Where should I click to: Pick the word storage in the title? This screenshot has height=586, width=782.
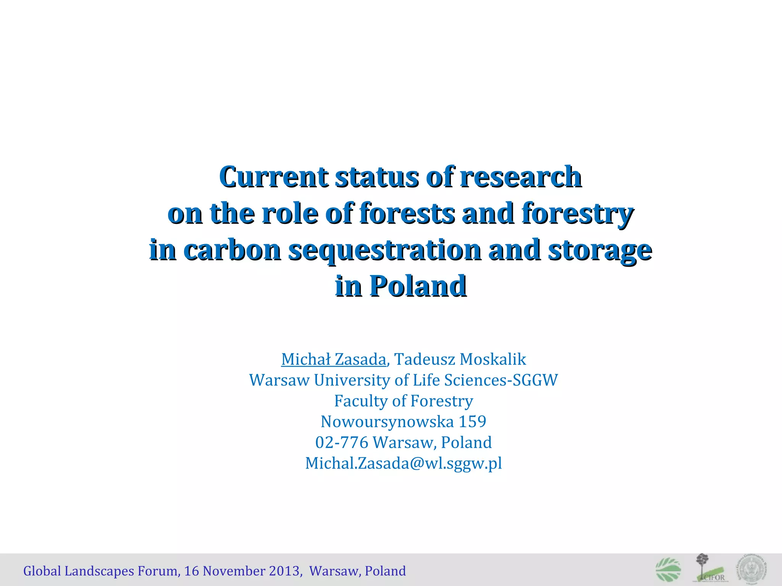(600, 250)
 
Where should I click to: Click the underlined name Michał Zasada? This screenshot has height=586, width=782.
(334, 359)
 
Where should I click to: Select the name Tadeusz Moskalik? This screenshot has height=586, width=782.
(460, 359)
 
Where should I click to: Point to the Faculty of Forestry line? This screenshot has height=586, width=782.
(404, 401)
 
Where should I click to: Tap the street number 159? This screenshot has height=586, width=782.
(472, 422)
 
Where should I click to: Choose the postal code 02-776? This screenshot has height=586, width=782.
(342, 443)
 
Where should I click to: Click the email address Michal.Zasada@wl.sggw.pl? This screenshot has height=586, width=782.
(404, 463)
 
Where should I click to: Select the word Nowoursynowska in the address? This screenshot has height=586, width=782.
(387, 422)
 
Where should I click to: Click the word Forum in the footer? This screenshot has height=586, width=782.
(157, 571)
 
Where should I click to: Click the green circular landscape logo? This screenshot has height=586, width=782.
(668, 570)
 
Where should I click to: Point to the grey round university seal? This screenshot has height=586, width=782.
(752, 568)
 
